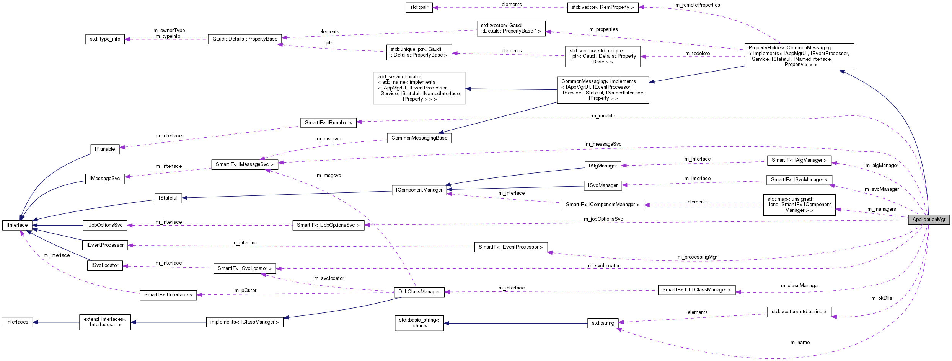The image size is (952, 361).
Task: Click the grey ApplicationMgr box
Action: click(929, 220)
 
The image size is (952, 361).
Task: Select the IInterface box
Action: click(17, 225)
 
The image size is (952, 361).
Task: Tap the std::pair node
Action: click(419, 8)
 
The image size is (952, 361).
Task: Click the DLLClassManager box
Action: click(419, 292)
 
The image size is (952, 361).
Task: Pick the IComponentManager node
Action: click(419, 190)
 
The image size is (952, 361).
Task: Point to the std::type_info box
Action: click(105, 39)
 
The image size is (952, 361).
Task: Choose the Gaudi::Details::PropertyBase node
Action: click(245, 39)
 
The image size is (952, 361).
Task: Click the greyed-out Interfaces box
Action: click(17, 322)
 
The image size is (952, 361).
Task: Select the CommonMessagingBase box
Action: click(419, 138)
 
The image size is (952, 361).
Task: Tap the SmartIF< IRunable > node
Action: click(328, 123)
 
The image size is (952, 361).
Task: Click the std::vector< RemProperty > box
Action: click(603, 8)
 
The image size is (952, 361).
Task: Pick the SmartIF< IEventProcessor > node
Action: click(510, 247)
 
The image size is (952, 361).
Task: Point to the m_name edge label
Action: click(800, 343)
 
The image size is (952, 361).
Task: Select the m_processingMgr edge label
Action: click(697, 257)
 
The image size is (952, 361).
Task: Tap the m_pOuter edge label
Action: click(245, 291)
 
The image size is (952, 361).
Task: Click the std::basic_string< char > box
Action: click(419, 323)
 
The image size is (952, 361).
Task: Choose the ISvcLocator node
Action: click(105, 265)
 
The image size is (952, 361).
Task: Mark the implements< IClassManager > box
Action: click(245, 322)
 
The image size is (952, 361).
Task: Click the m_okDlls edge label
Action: click(882, 298)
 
